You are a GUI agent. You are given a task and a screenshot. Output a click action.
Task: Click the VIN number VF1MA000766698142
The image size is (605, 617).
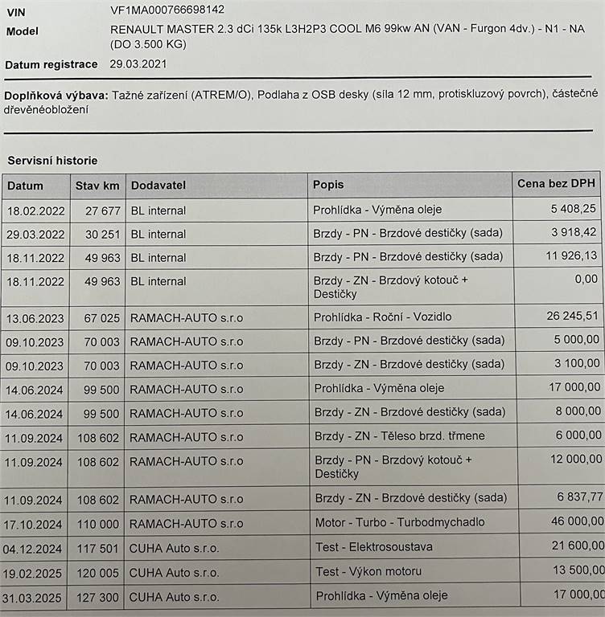click(167, 10)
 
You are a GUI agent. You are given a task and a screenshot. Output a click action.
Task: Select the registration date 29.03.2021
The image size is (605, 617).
click(140, 63)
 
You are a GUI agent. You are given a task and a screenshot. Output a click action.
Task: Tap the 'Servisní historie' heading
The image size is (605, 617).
click(52, 161)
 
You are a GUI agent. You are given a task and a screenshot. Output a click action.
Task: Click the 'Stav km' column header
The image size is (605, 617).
click(97, 186)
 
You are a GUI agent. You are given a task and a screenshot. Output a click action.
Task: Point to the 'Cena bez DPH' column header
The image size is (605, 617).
click(557, 184)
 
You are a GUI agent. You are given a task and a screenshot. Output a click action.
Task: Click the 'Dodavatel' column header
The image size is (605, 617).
click(158, 186)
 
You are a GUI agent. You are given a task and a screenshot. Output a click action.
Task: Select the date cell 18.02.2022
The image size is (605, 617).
click(35, 210)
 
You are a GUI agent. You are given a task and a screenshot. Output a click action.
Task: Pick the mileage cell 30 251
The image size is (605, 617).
click(102, 235)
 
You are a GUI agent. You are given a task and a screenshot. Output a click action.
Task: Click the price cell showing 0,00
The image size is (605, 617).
click(583, 279)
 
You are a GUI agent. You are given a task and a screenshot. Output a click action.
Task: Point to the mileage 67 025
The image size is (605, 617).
click(102, 317)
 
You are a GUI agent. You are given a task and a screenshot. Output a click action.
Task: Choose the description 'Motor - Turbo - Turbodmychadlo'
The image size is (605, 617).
click(400, 522)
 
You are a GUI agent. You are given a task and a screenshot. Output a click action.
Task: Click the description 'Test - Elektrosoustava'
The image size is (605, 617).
click(374, 547)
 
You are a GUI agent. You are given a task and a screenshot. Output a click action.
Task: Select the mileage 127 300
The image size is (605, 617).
click(99, 598)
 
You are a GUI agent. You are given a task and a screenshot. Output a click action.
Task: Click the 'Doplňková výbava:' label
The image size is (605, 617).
click(56, 96)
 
